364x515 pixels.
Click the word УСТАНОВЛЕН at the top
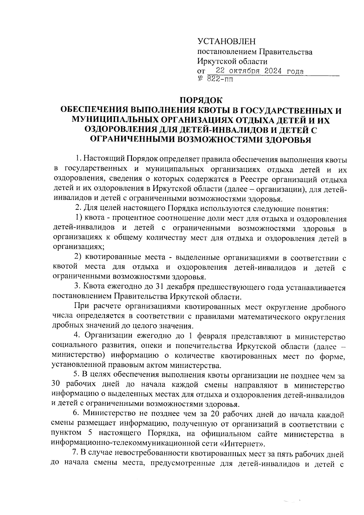coord(226,42)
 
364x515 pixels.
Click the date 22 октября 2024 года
coord(259,71)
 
